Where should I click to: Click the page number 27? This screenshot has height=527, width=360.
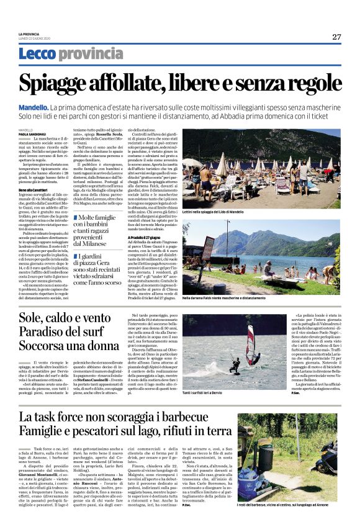pyautogui.click(x=336, y=37)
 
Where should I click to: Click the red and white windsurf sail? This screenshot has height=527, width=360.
pyautogui.click(x=253, y=343)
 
